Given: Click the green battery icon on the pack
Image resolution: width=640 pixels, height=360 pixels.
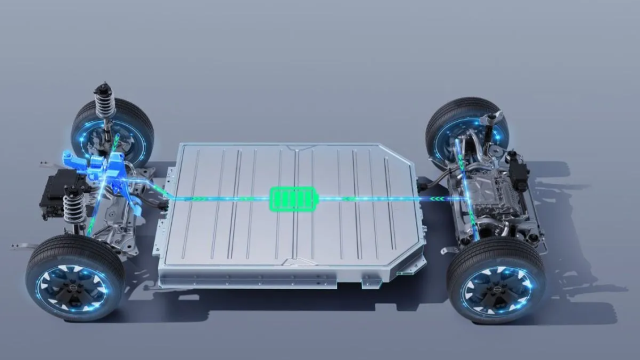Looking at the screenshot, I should click(292, 198).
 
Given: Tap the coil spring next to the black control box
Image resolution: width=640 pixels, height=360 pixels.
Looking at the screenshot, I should click(73, 209).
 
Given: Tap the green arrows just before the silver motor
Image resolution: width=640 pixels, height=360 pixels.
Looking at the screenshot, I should click(440, 198).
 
